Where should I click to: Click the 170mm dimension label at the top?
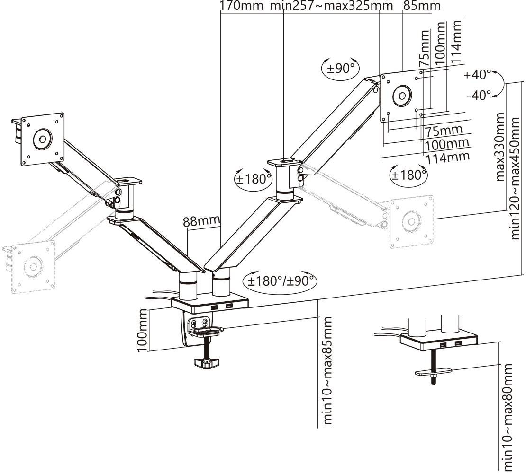(241, 6)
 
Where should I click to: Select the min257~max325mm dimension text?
(331, 6)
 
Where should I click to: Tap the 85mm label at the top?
(421, 6)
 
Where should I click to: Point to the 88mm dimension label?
(202, 220)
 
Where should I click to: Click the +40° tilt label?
(478, 75)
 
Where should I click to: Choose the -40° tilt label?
(479, 95)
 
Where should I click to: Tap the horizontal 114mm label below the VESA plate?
(448, 157)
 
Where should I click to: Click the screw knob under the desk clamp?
(207, 363)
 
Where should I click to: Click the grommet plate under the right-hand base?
(433, 372)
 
